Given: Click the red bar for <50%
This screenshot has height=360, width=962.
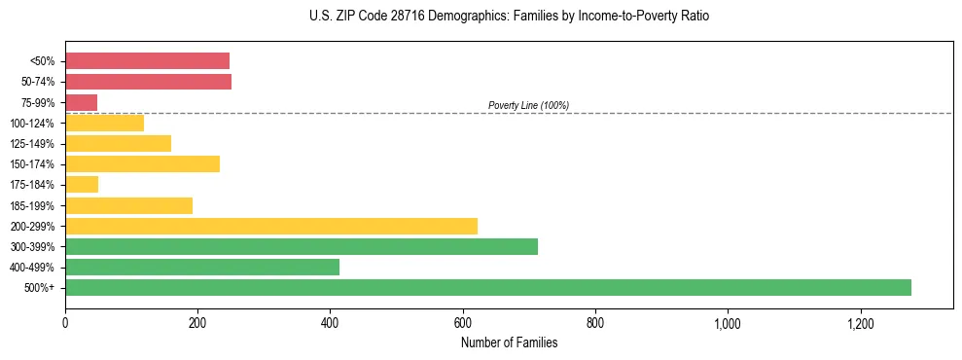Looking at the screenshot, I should tap(147, 61).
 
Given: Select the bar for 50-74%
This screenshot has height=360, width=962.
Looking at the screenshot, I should tap(148, 82).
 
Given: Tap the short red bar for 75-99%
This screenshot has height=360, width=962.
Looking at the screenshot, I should tap(81, 102).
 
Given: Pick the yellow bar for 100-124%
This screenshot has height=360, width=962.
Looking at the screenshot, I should tap(104, 123).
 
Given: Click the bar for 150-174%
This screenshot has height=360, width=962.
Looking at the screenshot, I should tap(142, 163).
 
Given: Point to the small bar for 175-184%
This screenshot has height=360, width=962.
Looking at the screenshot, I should tap(82, 184).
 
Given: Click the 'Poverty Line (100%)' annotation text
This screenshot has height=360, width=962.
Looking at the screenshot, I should tap(528, 105).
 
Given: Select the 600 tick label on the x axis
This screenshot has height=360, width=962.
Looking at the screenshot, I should tap(463, 322).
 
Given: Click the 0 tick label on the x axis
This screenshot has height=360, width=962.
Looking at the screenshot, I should tap(65, 322).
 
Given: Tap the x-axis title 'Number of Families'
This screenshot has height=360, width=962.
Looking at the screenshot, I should tap(509, 342).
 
